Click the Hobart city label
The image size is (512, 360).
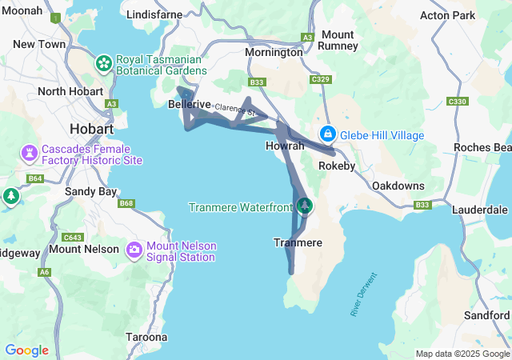point(91,128)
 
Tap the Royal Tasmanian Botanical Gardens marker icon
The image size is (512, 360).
point(104,62)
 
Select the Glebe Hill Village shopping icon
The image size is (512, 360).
point(327,134)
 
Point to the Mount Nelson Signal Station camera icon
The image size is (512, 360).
point(134,251)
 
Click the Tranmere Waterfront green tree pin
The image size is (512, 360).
point(304,206)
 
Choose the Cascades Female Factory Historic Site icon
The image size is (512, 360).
point(30,152)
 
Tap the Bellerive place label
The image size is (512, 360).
point(190,105)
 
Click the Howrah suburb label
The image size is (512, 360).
point(285,146)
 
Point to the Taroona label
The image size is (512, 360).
point(146,337)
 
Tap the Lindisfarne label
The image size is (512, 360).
point(155,14)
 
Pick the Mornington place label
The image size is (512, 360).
point(274,51)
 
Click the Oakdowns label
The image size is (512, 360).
point(398,186)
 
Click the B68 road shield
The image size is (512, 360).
point(126,203)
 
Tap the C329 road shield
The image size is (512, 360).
point(321,79)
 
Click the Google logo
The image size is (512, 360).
point(27,350)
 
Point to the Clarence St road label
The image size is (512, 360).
point(234,110)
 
